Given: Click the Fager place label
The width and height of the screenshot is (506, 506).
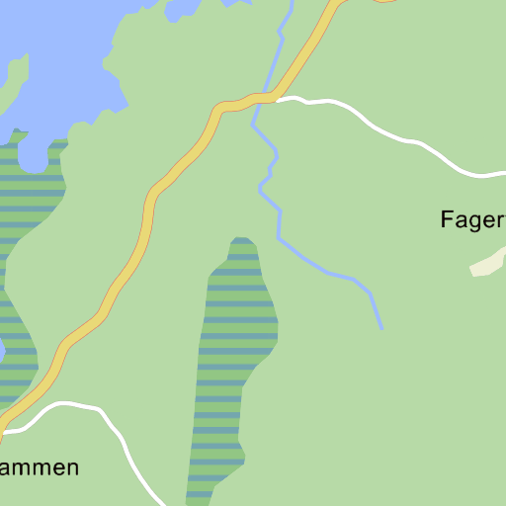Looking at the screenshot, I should pyautogui.click(x=472, y=220).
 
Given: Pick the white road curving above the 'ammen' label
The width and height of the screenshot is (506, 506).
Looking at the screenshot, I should pyautogui.click(x=69, y=405).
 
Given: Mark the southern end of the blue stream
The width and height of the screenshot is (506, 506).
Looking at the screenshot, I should pyautogui.click(x=381, y=327).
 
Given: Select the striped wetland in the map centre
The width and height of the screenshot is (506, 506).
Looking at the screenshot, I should pyautogui.click(x=235, y=356).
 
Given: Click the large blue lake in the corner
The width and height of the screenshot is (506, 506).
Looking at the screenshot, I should pyautogui.click(x=59, y=49).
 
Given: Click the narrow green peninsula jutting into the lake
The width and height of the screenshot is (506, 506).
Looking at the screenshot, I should pyautogui.click(x=14, y=84).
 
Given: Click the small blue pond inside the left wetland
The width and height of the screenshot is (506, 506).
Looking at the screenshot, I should pyautogui.click(x=1, y=351).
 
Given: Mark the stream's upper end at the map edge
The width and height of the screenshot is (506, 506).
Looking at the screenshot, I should pyautogui.click(x=292, y=3).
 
